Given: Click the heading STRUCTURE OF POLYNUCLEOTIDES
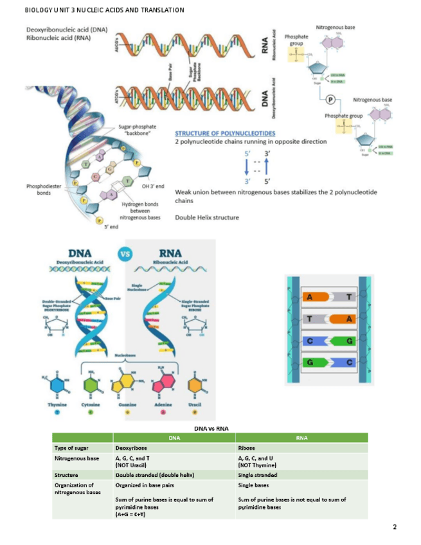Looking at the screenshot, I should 225,133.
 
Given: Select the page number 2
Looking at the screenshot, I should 395,527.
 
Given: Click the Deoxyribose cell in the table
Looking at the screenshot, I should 128,447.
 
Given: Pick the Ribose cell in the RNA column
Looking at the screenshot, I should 247,447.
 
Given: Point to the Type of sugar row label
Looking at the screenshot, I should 71,447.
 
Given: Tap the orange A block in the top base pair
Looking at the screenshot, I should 312,297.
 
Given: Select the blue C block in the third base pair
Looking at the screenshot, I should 312,341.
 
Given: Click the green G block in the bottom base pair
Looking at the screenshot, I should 312,362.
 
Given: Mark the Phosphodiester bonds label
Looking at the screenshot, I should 39,190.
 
